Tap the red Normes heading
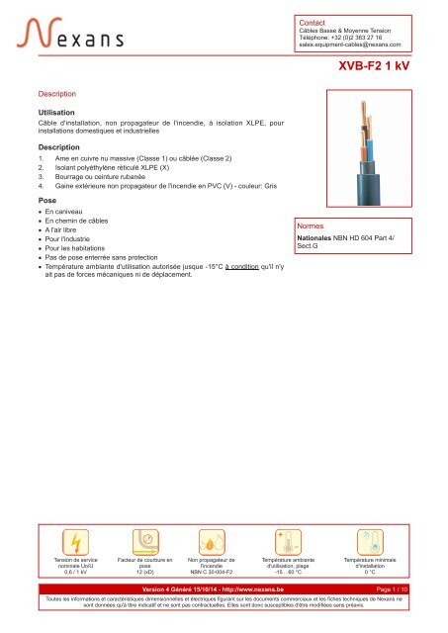tap(314, 226)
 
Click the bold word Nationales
tap(322, 237)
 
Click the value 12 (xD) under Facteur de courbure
tap(143, 571)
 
